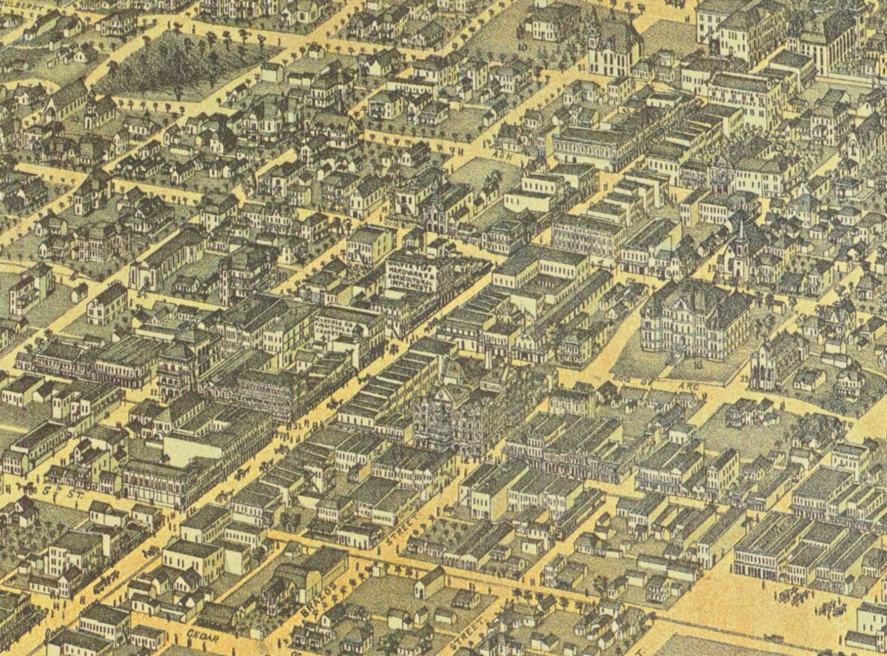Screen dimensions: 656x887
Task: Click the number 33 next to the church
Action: [x=743, y=379]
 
